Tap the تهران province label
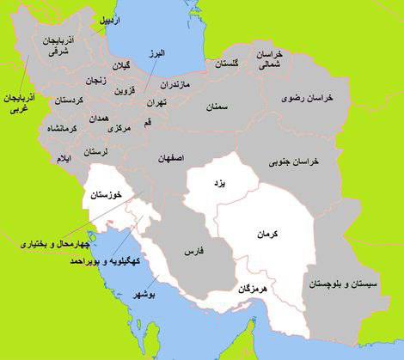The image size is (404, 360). point(156,101)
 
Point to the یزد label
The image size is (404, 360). point(215,183)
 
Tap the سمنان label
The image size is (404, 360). point(219,107)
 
